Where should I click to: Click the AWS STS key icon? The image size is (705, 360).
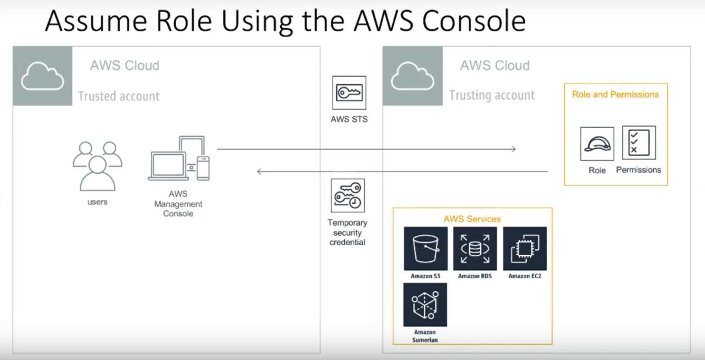pyautogui.click(x=349, y=93)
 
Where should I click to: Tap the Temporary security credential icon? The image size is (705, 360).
pyautogui.click(x=348, y=195)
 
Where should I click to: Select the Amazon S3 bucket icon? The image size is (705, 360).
pyautogui.click(x=426, y=249)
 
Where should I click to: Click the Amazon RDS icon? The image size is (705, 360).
pyautogui.click(x=475, y=249)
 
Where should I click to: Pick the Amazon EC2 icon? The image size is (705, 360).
pyautogui.click(x=525, y=249)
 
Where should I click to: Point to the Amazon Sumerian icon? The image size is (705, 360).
pyautogui.click(x=425, y=305)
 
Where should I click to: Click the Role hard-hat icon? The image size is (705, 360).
pyautogui.click(x=597, y=144)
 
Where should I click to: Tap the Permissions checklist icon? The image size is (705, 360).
pyautogui.click(x=639, y=143)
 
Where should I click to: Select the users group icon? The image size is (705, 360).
pyautogui.click(x=97, y=166)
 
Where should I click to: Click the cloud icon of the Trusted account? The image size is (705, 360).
pyautogui.click(x=42, y=76)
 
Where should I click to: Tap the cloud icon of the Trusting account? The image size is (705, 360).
pyautogui.click(x=412, y=76)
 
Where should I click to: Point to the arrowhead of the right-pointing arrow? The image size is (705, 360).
pyautogui.click(x=514, y=149)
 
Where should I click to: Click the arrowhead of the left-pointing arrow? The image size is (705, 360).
pyautogui.click(x=259, y=171)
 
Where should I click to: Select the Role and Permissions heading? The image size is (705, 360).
pyautogui.click(x=615, y=95)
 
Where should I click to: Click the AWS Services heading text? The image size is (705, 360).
pyautogui.click(x=472, y=219)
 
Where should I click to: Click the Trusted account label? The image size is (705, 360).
pyautogui.click(x=119, y=96)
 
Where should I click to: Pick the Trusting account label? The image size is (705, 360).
pyautogui.click(x=492, y=95)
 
